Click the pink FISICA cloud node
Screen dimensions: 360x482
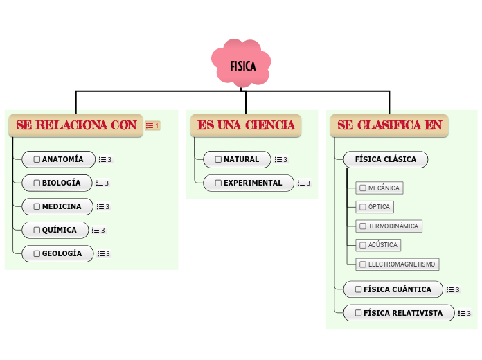coord(242,66)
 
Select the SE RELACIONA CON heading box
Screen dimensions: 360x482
coord(76,125)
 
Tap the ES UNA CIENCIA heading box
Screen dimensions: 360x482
coord(246,125)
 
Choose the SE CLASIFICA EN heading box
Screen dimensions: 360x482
coord(389,125)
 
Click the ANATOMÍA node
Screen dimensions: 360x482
coord(58,159)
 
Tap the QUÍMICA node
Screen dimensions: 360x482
coord(55,230)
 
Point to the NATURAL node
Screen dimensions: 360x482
coord(236,159)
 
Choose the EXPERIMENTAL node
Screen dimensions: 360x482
coord(248,183)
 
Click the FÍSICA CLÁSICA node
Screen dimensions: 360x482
coord(385,159)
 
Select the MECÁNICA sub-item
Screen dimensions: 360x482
coord(379,188)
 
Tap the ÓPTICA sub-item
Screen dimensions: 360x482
coord(375,206)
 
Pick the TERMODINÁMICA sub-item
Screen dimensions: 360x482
coord(389,226)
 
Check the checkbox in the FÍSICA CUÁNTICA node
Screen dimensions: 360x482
coord(357,289)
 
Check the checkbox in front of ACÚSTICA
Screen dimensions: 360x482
coord(362,245)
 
